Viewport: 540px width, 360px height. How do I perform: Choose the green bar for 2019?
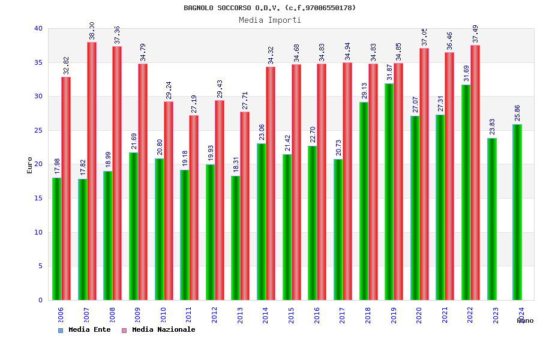(389, 191)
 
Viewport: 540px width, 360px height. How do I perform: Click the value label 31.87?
(389, 72)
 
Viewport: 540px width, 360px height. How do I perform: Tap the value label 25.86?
(518, 113)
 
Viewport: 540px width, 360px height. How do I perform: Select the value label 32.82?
(67, 65)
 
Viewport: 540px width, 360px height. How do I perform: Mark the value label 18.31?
(236, 164)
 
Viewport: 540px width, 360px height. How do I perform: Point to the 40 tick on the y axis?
(38, 28)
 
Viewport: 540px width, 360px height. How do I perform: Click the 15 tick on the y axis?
(38, 198)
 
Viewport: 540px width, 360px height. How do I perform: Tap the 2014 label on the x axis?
(266, 316)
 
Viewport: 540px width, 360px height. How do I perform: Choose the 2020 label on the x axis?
(419, 316)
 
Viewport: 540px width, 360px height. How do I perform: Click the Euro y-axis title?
(29, 165)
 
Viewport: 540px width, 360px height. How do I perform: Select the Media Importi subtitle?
(270, 20)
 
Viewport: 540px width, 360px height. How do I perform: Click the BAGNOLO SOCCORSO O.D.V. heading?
(270, 8)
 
